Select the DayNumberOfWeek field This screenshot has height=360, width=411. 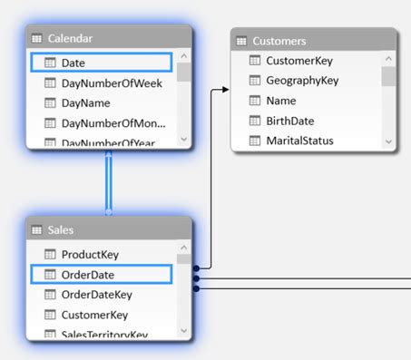(x=111, y=83)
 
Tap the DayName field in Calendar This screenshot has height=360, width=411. (x=86, y=103)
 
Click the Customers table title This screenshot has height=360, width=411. (x=279, y=41)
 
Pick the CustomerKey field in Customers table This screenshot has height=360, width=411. (x=300, y=61)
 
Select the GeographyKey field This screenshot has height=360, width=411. (x=301, y=81)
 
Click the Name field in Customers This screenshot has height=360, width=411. (x=282, y=101)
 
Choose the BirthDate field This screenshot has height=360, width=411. (x=291, y=121)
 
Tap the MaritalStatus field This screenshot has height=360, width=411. (x=299, y=141)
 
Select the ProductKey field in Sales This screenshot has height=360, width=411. (x=90, y=255)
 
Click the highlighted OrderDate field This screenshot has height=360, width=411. (x=87, y=274)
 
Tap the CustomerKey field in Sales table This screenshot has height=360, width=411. (x=94, y=315)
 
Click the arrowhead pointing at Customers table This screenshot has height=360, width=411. (x=225, y=90)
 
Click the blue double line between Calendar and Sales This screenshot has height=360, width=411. (x=109, y=181)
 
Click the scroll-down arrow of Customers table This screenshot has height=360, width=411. (x=388, y=141)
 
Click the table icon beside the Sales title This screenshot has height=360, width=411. (x=37, y=230)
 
